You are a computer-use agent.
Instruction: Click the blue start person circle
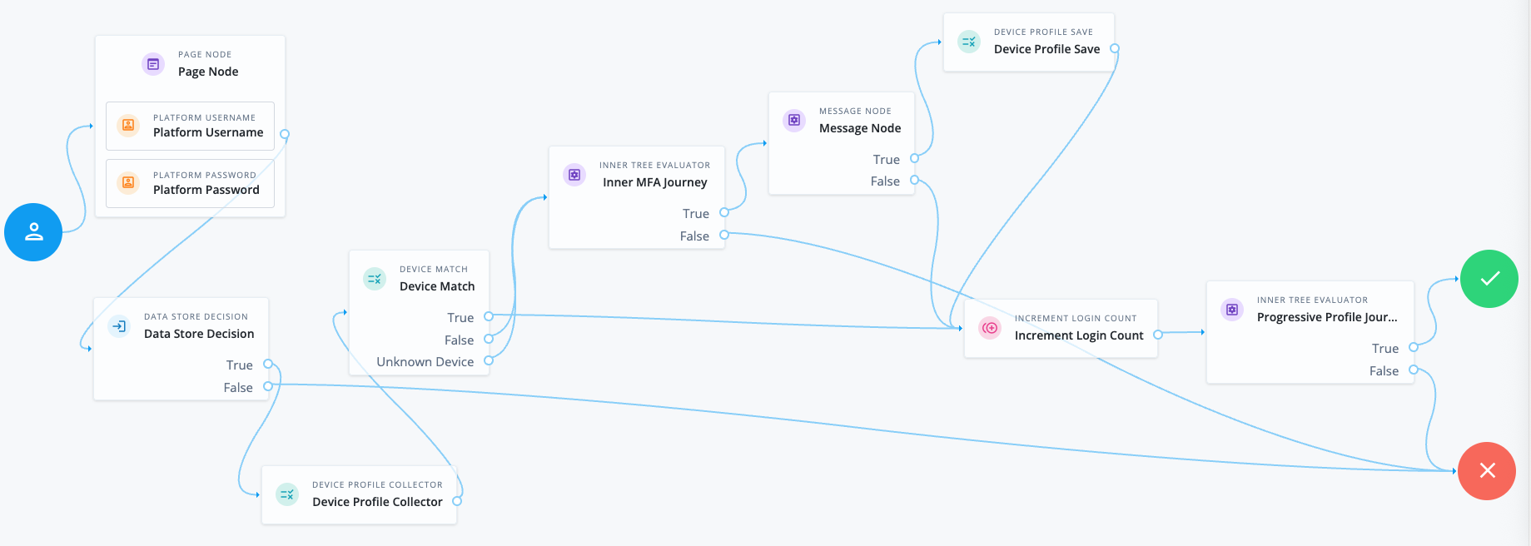33,232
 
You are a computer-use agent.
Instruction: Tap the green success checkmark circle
1489,279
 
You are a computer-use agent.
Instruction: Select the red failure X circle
1487,471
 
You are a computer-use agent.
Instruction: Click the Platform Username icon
128,126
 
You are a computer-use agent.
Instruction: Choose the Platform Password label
206,190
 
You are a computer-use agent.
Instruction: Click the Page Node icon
153,64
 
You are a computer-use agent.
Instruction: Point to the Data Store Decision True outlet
268,364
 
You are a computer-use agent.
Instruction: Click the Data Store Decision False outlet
268,386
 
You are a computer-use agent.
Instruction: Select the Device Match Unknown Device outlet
489,360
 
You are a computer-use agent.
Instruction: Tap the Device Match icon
375,279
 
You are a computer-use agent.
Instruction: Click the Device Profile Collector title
377,502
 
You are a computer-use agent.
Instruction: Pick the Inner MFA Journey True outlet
724,212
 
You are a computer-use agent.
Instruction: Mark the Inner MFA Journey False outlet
724,235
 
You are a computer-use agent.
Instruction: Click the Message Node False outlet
914,180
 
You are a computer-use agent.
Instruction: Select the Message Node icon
794,121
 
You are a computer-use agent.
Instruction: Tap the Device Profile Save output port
1115,48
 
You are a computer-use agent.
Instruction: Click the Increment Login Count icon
990,328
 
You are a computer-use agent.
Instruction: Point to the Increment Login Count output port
1157,335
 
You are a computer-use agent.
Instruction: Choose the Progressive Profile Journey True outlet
1413,347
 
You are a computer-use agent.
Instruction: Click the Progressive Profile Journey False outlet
1413,370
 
